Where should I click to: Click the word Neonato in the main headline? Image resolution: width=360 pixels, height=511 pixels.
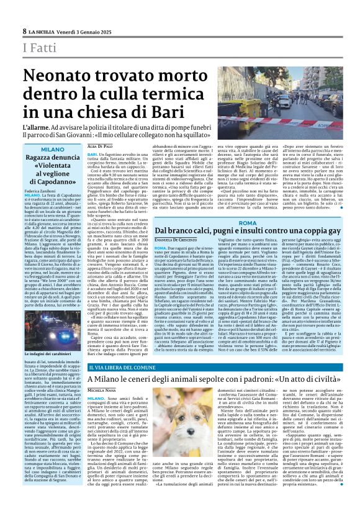[x=61, y=76]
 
